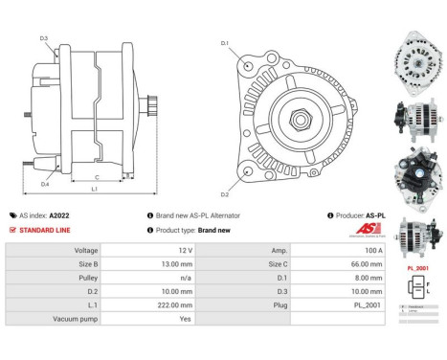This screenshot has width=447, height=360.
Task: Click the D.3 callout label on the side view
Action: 44,38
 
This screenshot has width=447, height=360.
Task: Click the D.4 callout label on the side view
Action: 45,184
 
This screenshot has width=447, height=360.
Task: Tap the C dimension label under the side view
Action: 98,177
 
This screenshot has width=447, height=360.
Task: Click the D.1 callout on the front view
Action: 225,43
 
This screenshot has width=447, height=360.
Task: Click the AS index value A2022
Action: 60,216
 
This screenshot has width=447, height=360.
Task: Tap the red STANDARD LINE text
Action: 45,231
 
